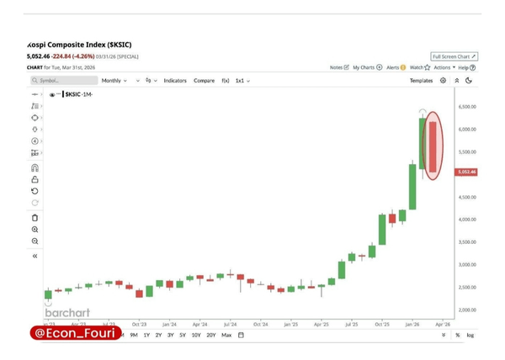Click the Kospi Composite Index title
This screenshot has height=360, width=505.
80,45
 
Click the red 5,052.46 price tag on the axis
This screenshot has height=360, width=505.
466,172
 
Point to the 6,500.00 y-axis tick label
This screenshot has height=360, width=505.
466,107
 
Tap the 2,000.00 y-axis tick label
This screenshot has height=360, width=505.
466,310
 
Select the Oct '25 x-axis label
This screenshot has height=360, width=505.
382,323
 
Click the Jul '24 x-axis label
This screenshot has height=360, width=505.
230,323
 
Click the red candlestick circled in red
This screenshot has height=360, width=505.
432,146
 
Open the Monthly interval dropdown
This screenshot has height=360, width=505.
114,81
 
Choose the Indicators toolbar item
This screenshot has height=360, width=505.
175,81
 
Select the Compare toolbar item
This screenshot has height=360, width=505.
204,81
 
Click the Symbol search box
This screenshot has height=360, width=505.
63,81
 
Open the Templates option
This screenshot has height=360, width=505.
421,81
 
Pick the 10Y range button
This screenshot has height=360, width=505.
196,335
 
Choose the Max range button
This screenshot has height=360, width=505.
226,335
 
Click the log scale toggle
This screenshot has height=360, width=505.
470,335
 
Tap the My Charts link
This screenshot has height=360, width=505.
367,67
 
